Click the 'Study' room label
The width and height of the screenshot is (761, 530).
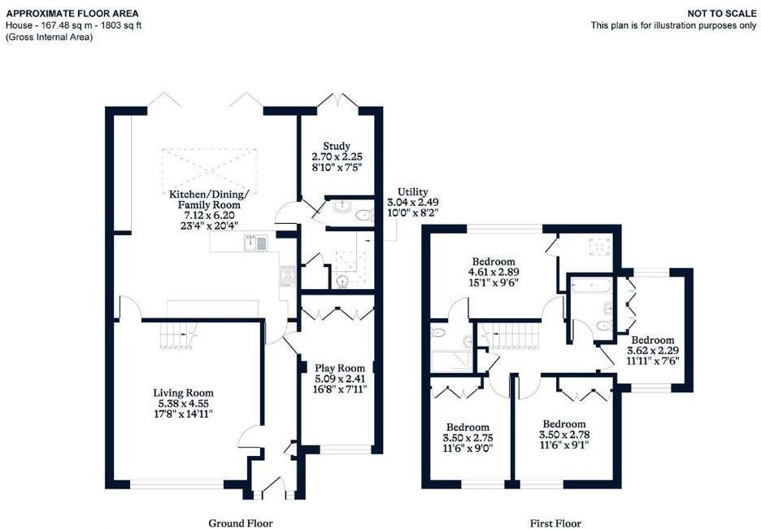pyautogui.click(x=336, y=145)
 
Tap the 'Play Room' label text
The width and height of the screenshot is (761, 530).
pyautogui.click(x=336, y=367)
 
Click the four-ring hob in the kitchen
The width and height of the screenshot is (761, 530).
pyautogui.click(x=287, y=275)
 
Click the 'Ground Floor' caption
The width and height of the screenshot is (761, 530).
pyautogui.click(x=241, y=523)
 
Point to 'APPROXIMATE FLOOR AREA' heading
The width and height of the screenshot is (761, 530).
pyautogui.click(x=72, y=14)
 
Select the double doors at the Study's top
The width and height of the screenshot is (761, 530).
pyautogui.click(x=336, y=101)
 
